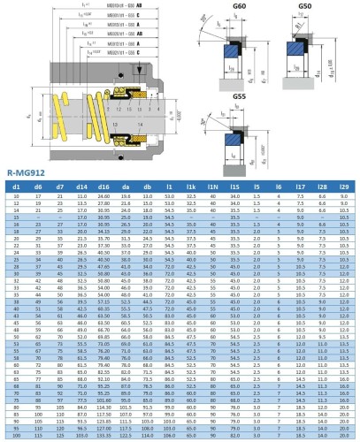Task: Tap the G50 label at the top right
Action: click(304, 7)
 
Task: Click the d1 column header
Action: click(16, 187)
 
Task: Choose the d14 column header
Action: click(82, 187)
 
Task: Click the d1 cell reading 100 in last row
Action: click(16, 437)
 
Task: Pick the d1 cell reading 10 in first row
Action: click(16, 196)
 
